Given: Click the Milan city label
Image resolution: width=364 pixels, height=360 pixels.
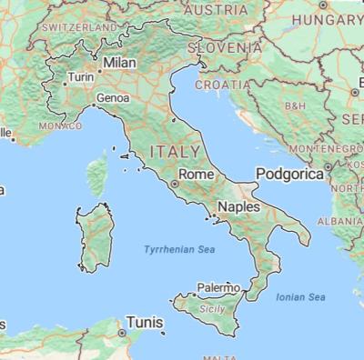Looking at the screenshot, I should tap(120, 63).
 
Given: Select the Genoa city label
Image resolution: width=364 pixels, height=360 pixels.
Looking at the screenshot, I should tap(113, 97).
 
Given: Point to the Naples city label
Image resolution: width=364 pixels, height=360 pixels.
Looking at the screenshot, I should tap(238, 207).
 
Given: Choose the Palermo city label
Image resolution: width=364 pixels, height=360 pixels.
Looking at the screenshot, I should tap(218, 287).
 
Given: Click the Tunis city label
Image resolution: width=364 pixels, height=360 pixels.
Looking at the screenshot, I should tap(146, 322).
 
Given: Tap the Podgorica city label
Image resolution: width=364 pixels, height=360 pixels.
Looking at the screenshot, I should tap(289, 173).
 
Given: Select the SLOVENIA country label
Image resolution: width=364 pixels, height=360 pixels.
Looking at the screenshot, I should tap(236, 45).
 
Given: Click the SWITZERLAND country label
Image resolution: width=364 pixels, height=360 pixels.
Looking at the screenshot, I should tap(76, 28).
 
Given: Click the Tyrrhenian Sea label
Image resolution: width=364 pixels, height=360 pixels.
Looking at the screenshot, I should tap(176, 248).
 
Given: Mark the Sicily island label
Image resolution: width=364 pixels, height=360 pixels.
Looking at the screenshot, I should tap(211, 309).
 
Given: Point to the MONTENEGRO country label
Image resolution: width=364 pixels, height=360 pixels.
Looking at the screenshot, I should tap(322, 148).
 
